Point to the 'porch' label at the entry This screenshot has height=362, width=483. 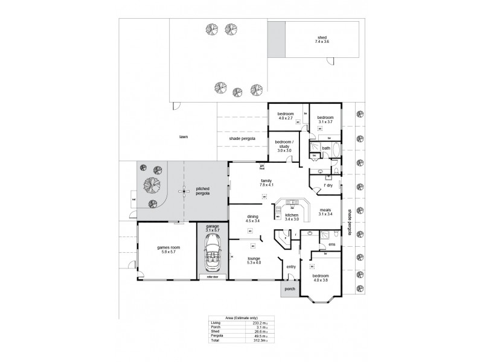coord(290,288)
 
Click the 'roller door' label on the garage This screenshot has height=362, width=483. coord(213,276)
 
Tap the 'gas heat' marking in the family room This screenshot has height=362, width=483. coord(263,168)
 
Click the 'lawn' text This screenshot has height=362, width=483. coord(183,137)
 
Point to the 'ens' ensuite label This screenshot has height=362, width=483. coord(331,244)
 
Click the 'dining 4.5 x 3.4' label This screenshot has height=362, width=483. coord(252,219)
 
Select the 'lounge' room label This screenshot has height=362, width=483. coord(254,260)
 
